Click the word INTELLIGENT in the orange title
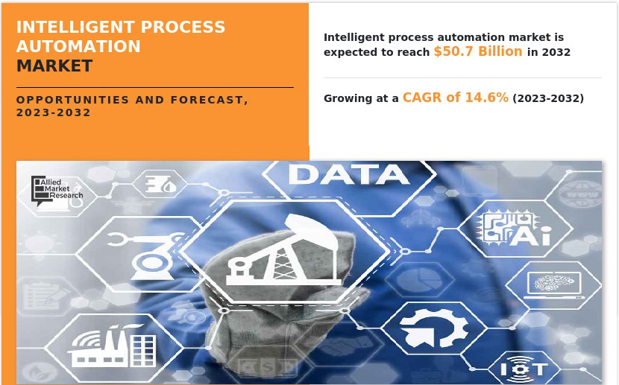click(x=76, y=28)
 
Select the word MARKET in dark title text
click(x=54, y=66)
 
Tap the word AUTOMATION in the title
click(x=78, y=46)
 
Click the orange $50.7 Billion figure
click(x=478, y=51)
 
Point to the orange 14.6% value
click(x=487, y=98)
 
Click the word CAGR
click(x=422, y=98)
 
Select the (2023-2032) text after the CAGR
click(x=548, y=98)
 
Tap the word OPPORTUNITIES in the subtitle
click(x=72, y=100)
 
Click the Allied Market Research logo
click(x=57, y=191)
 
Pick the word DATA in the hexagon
click(x=348, y=174)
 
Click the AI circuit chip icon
click(x=515, y=229)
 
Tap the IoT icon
click(x=524, y=368)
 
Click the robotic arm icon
click(x=145, y=255)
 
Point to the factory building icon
click(x=112, y=346)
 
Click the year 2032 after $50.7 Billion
click(x=556, y=52)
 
